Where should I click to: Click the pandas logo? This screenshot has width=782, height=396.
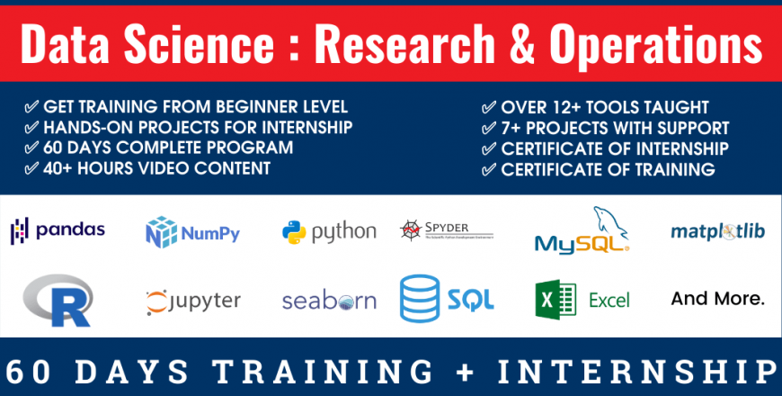pyautogui.click(x=58, y=230)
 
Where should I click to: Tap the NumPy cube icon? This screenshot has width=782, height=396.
pyautogui.click(x=161, y=232)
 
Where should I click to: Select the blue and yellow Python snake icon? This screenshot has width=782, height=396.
pyautogui.click(x=294, y=232)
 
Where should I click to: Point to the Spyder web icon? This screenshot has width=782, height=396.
pyautogui.click(x=411, y=230)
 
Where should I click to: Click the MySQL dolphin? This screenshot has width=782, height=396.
pyautogui.click(x=610, y=222)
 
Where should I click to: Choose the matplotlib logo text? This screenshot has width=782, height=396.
pyautogui.click(x=717, y=231)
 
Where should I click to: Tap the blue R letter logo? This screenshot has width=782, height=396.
pyautogui.click(x=58, y=300)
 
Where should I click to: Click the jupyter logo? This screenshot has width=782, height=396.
pyautogui.click(x=193, y=301)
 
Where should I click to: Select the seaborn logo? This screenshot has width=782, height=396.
pyautogui.click(x=329, y=301)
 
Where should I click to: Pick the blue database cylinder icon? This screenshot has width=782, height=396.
pyautogui.click(x=420, y=298)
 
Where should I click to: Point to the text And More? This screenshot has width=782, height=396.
pyautogui.click(x=717, y=299)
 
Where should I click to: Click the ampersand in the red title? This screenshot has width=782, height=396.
pyautogui.click(x=521, y=43)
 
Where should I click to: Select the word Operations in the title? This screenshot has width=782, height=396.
pyautogui.click(x=656, y=46)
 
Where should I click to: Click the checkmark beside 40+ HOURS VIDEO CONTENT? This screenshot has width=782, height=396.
pyautogui.click(x=31, y=168)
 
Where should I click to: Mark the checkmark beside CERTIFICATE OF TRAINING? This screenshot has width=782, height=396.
pyautogui.click(x=489, y=170)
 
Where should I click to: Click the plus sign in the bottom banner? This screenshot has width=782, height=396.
pyautogui.click(x=465, y=373)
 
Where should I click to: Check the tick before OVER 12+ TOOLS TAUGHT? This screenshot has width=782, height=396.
pyautogui.click(x=489, y=107)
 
